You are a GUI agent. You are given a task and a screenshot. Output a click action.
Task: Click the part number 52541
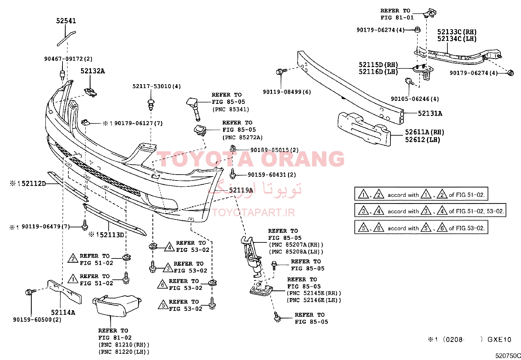pyautogui.click(x=66, y=21)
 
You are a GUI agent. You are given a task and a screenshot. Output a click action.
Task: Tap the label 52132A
pyautogui.click(x=93, y=71)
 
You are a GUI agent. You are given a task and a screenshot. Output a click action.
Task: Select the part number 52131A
pyautogui.click(x=430, y=113)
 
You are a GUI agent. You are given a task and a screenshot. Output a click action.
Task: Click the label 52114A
pyautogui.click(x=63, y=312)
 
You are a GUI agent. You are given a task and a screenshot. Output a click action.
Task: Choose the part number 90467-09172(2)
pyautogui.click(x=68, y=59)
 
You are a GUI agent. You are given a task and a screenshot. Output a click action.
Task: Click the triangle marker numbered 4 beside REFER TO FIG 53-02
pyautogui.click(x=169, y=247)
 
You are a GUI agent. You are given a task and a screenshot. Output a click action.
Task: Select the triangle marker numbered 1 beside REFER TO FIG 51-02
pyautogui.click(x=73, y=279)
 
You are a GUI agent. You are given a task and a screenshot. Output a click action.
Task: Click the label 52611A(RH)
pyautogui.click(x=425, y=132)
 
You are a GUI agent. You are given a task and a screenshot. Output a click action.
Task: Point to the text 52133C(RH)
pyautogui.click(x=457, y=32)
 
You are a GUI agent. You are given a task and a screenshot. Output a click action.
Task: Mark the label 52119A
pyautogui.click(x=241, y=190)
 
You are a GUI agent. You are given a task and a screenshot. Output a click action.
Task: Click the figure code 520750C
pyautogui.click(x=508, y=356)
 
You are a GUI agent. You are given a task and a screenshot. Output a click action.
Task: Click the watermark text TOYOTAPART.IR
pyautogui.click(x=254, y=212)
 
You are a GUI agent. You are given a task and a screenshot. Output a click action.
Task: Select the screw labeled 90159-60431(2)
pyautogui.click(x=233, y=174)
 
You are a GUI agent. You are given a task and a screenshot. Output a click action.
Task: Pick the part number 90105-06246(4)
pyautogui.click(x=415, y=99)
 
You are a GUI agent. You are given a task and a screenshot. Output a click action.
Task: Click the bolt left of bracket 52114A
pyautogui.click(x=30, y=292)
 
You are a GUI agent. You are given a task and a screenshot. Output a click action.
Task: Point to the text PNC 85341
pyautogui.click(x=231, y=109)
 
